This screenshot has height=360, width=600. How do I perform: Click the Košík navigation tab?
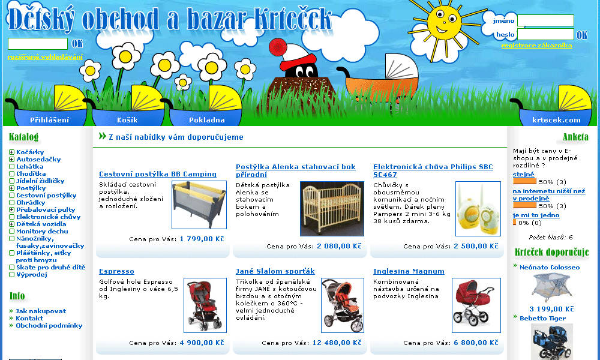coord(127,120)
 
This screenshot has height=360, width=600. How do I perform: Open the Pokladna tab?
coord(206,120)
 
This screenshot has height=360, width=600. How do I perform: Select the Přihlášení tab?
coord(50,120)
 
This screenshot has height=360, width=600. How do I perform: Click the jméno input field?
coord(545,20)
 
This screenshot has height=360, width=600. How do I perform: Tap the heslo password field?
coord(545,34)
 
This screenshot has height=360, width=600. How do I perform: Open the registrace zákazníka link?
coord(536,46)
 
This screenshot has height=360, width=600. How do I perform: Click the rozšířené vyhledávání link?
coord(45,57)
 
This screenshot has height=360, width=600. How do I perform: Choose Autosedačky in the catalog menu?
coord(38,159)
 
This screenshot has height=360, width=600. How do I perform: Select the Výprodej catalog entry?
coord(31,274)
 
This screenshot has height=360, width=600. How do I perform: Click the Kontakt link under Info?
coord(29,318)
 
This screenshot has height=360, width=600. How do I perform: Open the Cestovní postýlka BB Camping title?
coord(158,174)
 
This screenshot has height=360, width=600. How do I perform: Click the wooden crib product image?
coord(332,209)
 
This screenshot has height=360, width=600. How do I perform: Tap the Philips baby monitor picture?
coord(478,209)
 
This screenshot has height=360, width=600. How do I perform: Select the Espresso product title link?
coord(116,271)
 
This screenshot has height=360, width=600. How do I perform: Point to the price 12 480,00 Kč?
coord(337,343)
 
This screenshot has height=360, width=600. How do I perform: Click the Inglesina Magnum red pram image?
coord(476,305)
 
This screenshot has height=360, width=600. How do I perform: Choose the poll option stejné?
coord(523,175)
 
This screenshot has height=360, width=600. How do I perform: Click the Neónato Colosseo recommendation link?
coord(550,268)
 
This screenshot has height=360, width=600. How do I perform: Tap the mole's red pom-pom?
coord(278,47)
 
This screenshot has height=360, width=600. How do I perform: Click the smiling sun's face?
coord(444,23)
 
